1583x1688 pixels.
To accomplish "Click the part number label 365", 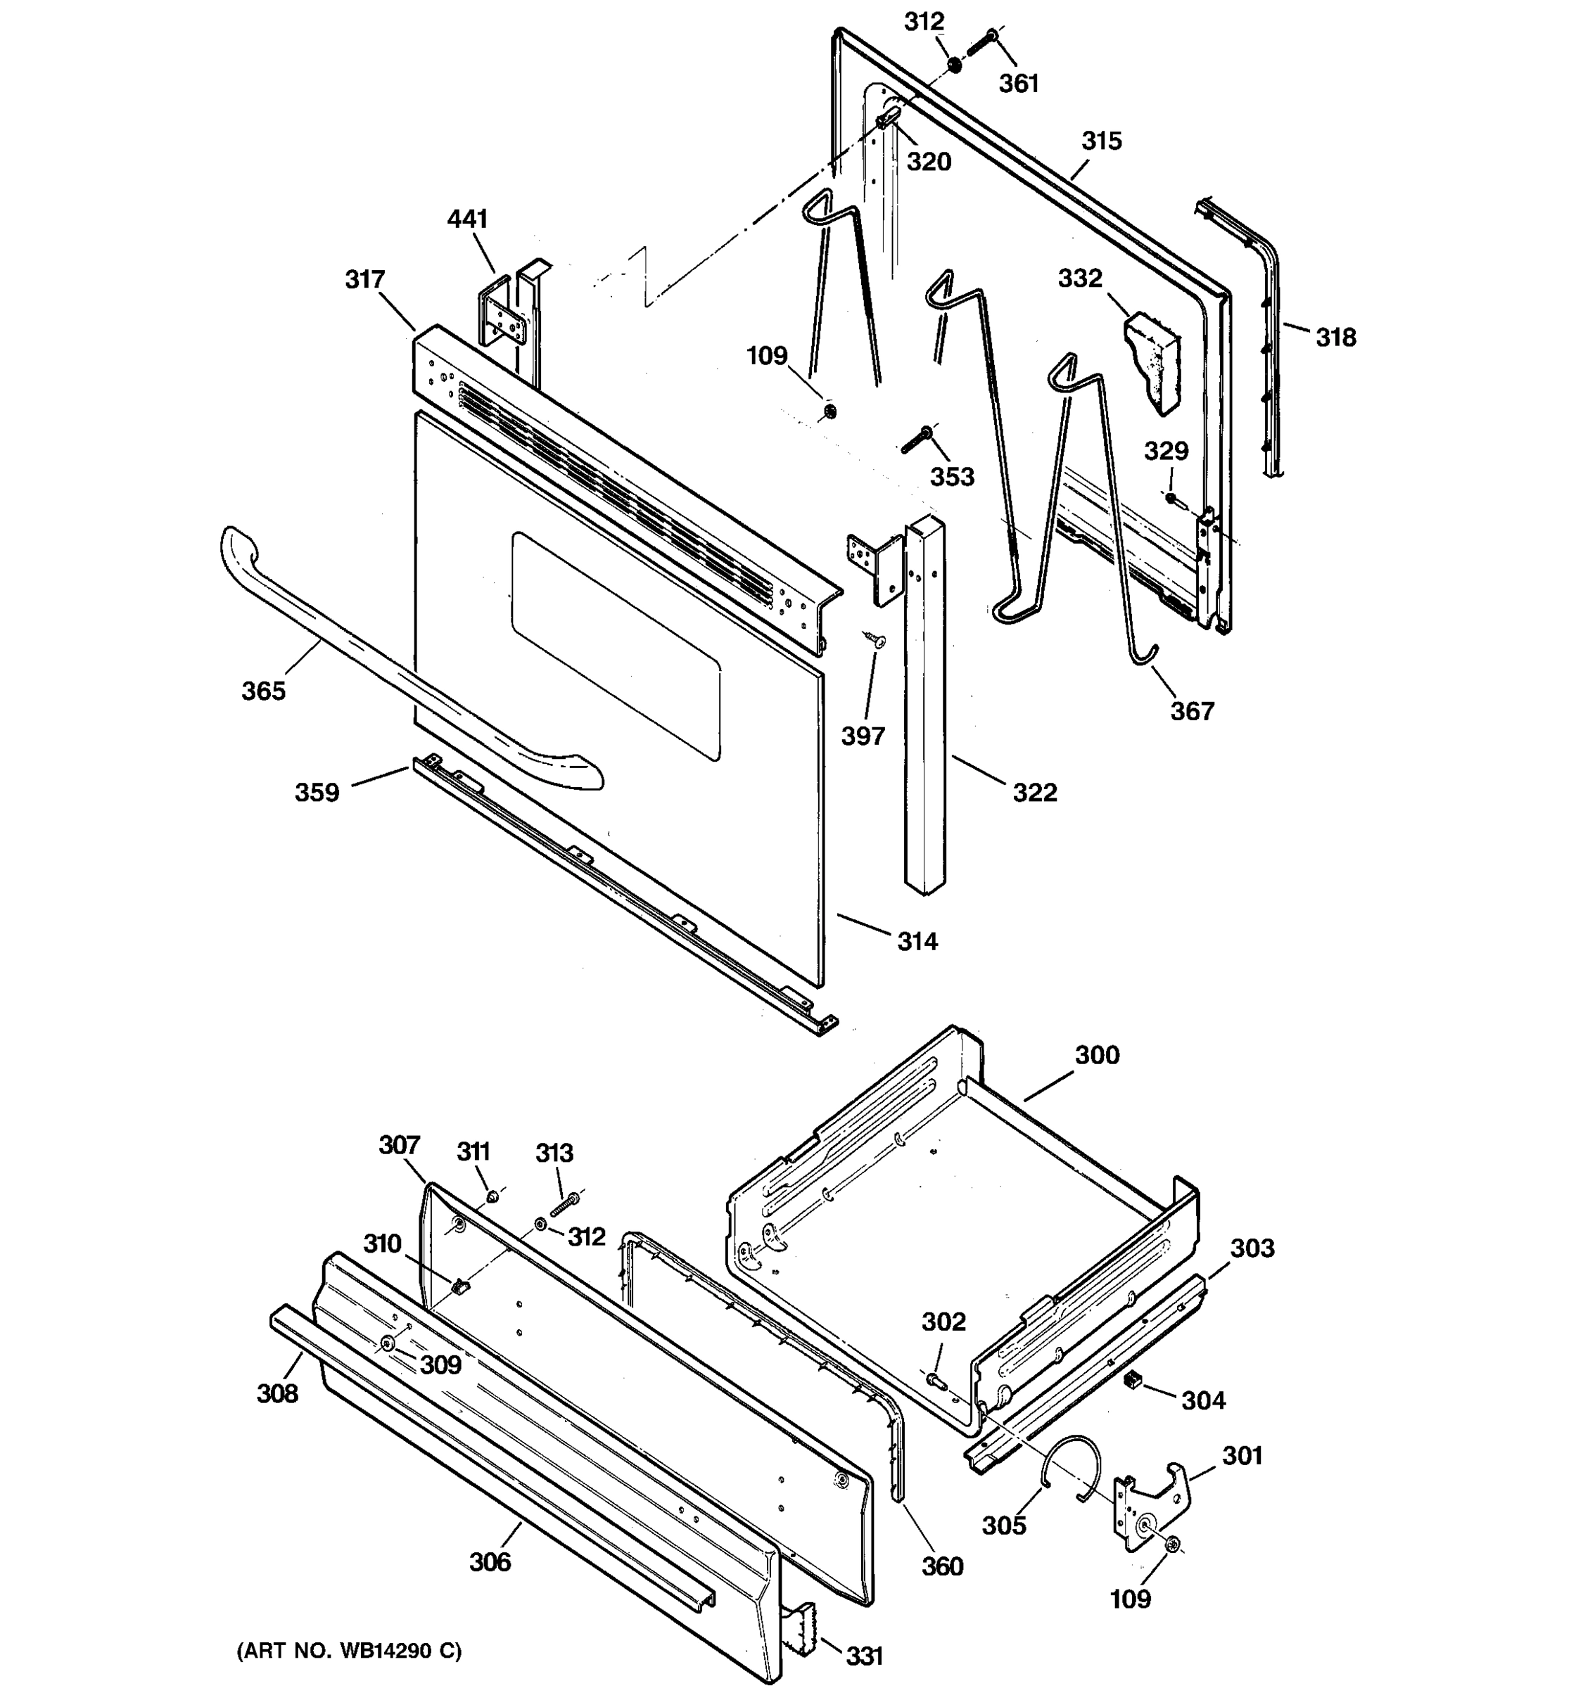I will pyautogui.click(x=263, y=691).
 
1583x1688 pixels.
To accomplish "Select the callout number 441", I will pyautogui.click(x=467, y=219).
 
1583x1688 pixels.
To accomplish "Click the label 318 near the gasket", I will pyautogui.click(x=1336, y=338).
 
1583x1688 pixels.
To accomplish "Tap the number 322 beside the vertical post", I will pyautogui.click(x=1034, y=793).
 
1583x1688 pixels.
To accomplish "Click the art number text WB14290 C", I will pyautogui.click(x=349, y=1651).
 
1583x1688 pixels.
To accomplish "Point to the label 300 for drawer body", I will pyautogui.click(x=1098, y=1056).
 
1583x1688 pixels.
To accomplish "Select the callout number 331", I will pyautogui.click(x=865, y=1656).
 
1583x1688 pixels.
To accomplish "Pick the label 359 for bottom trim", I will pyautogui.click(x=317, y=793).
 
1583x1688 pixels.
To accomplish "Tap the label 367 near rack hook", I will pyautogui.click(x=1192, y=712).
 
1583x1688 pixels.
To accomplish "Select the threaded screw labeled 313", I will pyautogui.click(x=565, y=1204).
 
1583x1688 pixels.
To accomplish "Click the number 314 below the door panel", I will pyautogui.click(x=917, y=942).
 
